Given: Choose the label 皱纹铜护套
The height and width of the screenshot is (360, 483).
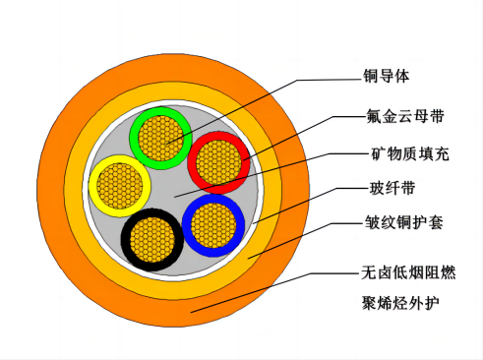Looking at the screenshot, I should coord(401,222).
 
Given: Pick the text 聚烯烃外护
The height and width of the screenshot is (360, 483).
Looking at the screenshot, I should coord(399,301).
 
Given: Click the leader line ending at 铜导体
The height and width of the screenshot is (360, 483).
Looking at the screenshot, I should coord(295,80).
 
